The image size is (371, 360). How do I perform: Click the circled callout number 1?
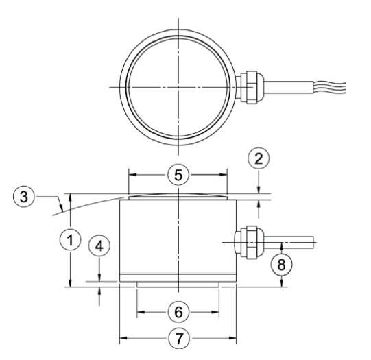tap(70, 240)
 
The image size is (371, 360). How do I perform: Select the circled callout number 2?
tap(259, 159)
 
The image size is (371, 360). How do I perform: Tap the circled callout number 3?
tap(24, 197)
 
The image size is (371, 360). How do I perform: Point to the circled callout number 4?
tap(99, 246)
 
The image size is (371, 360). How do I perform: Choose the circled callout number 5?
tap(178, 175)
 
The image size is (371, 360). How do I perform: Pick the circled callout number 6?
tap(178, 312)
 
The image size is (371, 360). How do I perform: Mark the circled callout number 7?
tap(179, 338)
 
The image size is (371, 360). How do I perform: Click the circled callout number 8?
tap(281, 264)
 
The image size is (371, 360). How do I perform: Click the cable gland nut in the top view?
tap(251, 87)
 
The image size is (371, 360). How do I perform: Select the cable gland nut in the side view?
tap(252, 243)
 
